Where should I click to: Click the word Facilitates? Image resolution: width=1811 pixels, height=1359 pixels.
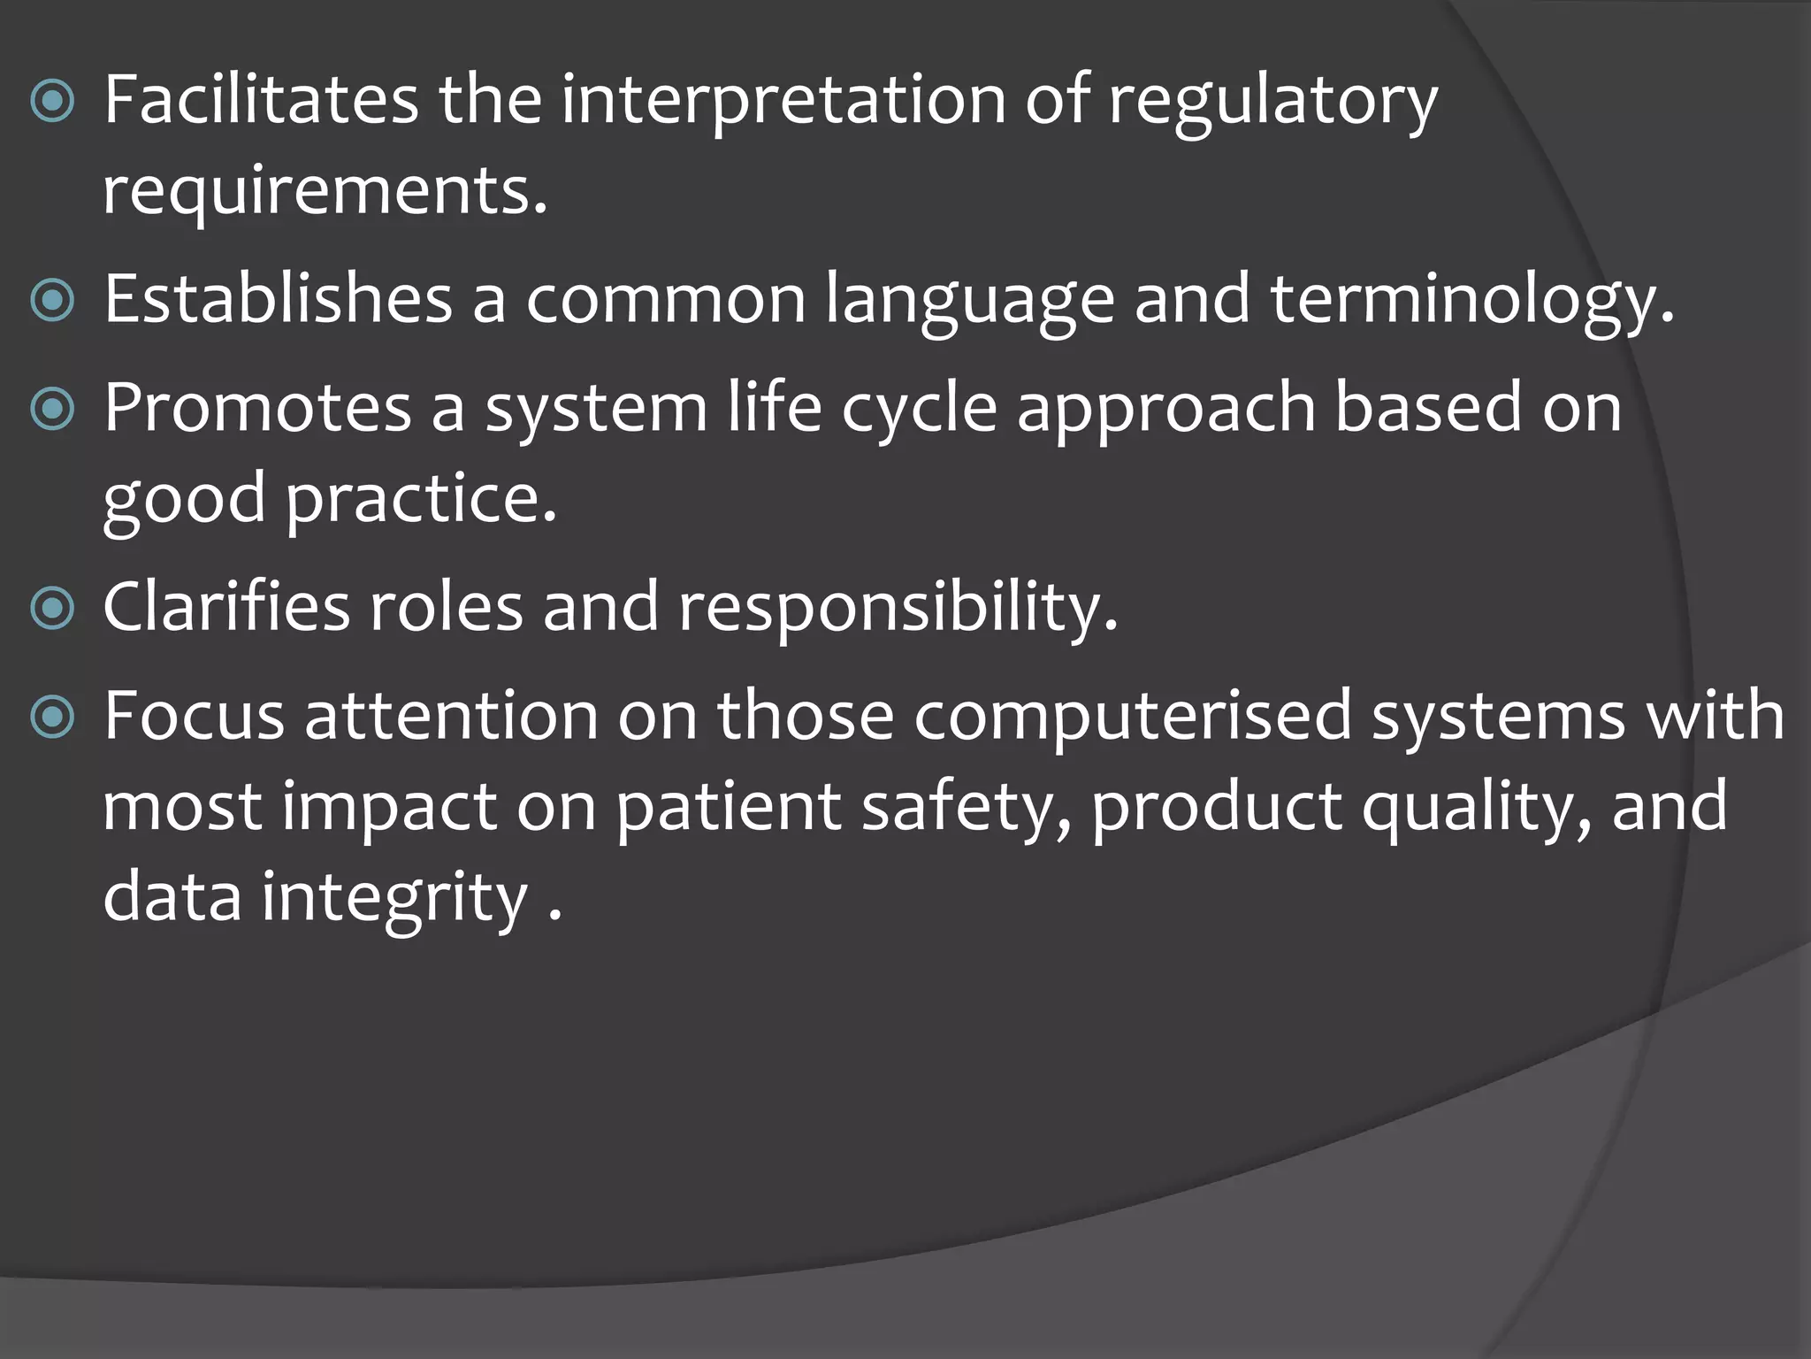tap(261, 99)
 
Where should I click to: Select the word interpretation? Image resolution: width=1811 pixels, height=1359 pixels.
tap(783, 99)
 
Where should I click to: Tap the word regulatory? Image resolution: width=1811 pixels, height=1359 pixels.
tap(1272, 99)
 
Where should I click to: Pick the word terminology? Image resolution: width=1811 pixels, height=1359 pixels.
tap(1472, 298)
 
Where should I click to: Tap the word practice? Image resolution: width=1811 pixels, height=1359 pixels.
tap(420, 497)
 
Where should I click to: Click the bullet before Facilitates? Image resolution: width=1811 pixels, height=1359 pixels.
tap(52, 103)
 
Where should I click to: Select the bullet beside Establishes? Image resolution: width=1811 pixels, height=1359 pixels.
tap(52, 302)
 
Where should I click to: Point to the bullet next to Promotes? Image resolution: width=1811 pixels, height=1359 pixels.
tap(52, 410)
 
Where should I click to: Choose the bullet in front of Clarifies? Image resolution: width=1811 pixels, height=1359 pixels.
tap(52, 609)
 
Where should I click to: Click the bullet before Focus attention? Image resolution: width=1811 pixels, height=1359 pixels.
tap(52, 718)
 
